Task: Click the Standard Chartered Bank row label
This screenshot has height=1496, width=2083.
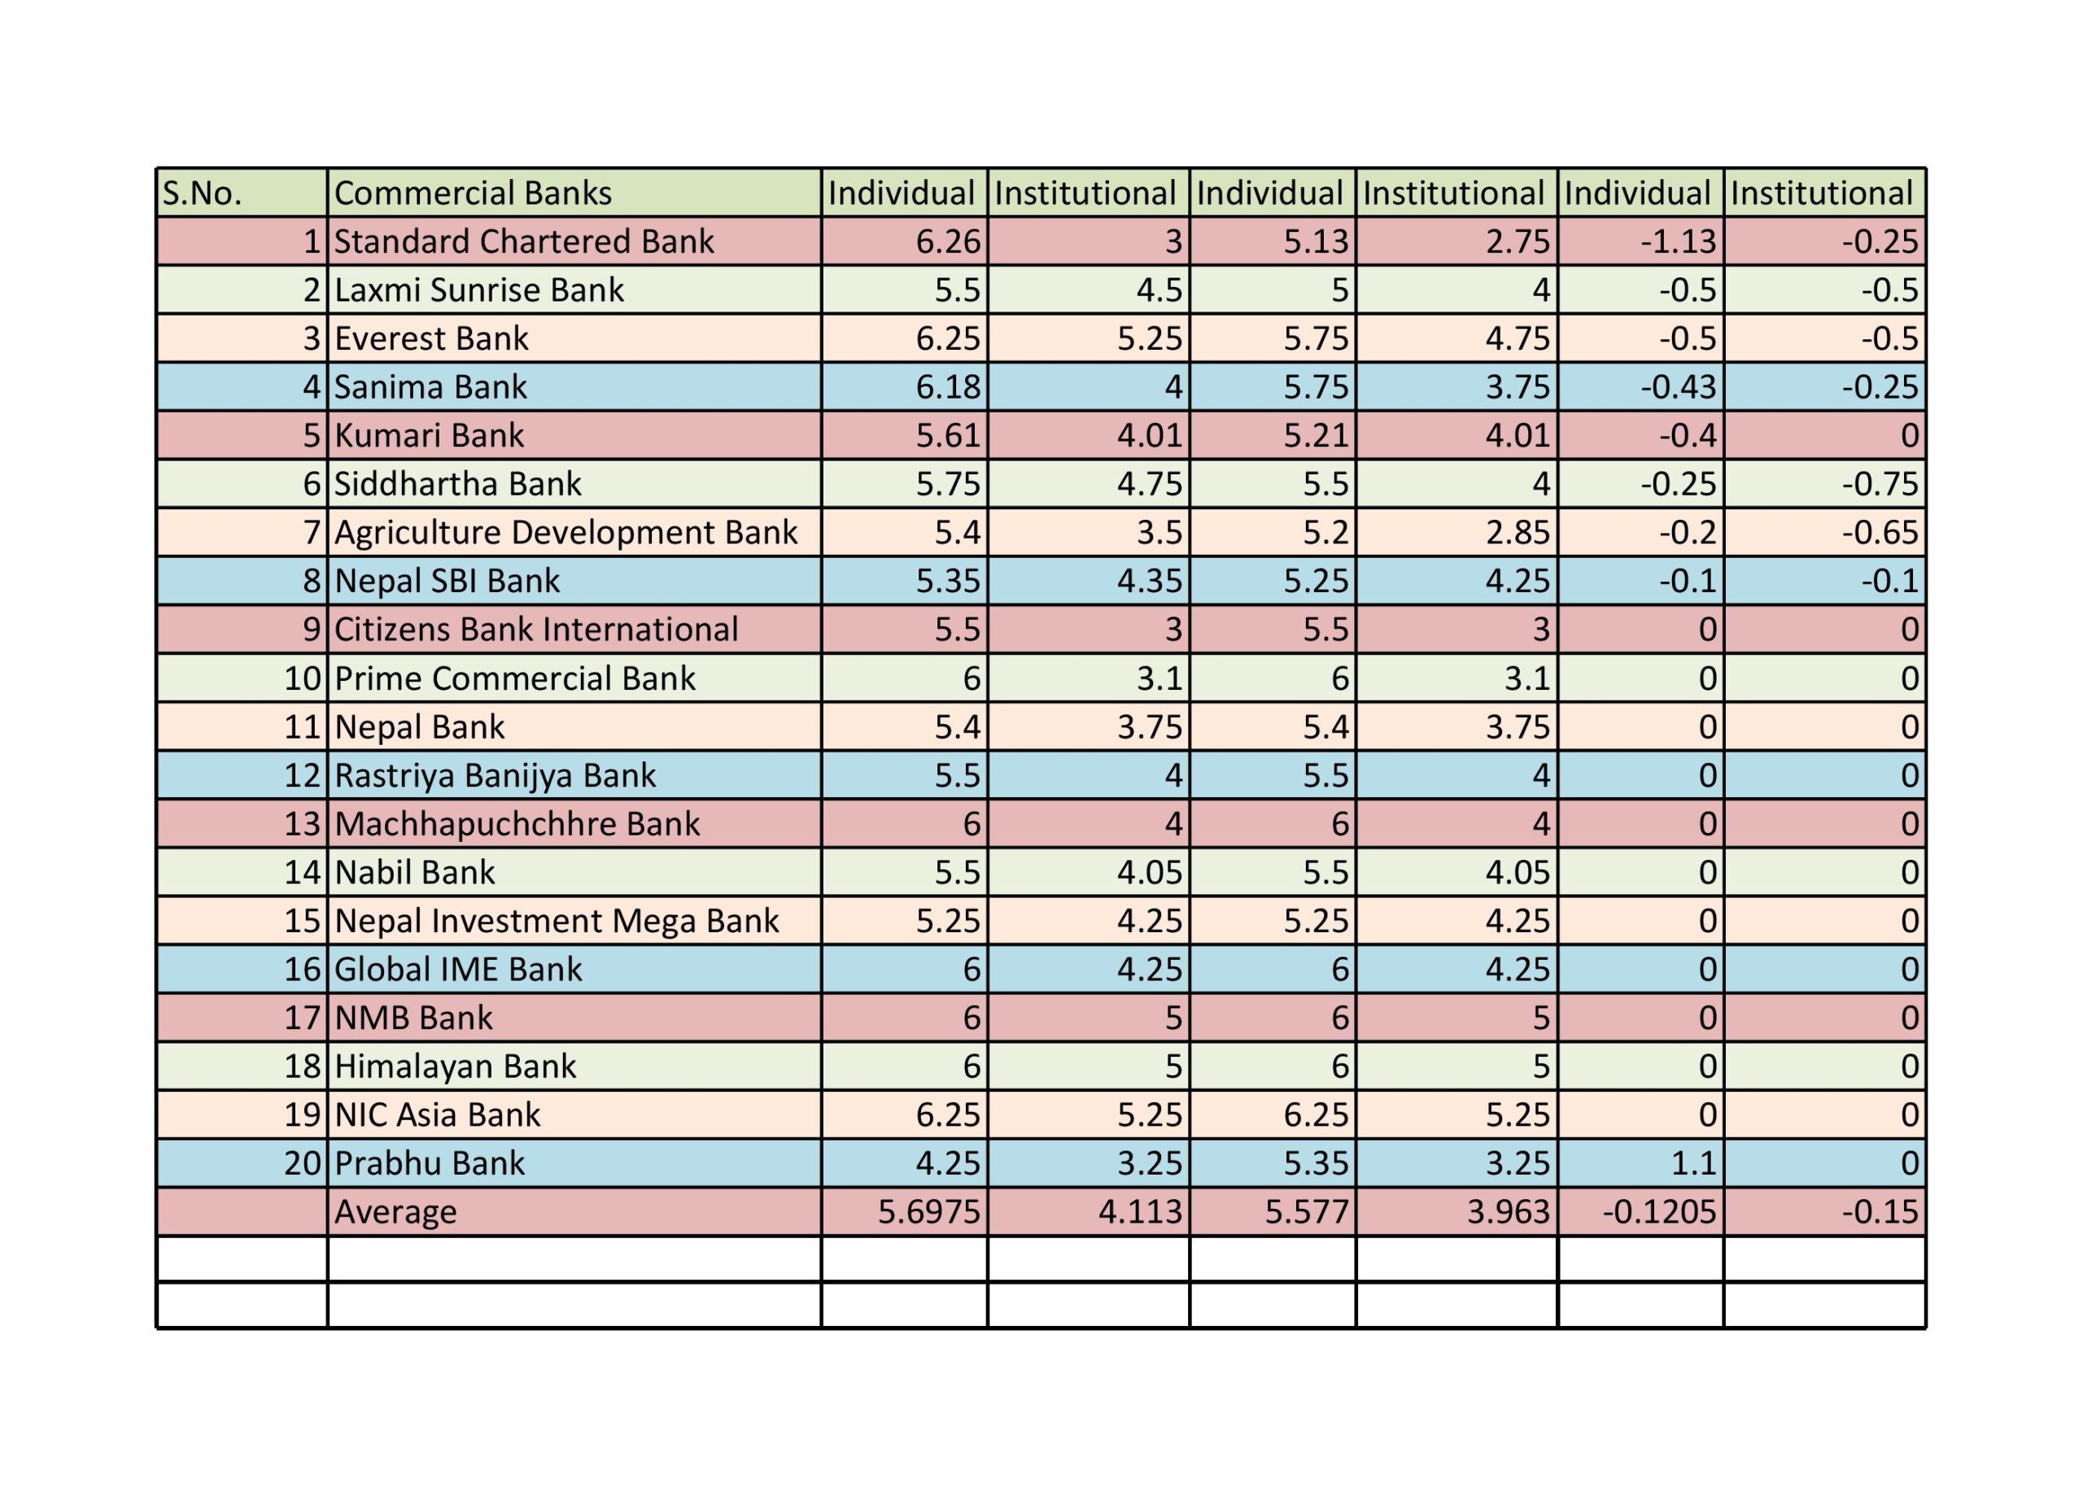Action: click(x=523, y=242)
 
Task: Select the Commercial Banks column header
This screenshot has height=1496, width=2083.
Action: click(x=472, y=193)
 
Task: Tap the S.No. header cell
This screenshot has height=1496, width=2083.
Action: click(x=202, y=193)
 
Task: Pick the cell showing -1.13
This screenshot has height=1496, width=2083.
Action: click(x=1678, y=242)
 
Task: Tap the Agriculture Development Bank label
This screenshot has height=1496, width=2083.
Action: click(x=566, y=533)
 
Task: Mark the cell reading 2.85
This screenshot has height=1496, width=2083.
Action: click(x=1517, y=533)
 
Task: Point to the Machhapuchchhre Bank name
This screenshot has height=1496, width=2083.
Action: click(x=517, y=824)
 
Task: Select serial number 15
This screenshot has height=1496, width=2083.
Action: click(x=301, y=921)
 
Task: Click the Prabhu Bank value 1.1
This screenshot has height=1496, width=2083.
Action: click(x=1692, y=1163)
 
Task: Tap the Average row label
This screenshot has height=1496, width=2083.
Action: click(x=395, y=1212)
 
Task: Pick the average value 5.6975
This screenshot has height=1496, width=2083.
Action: click(x=928, y=1212)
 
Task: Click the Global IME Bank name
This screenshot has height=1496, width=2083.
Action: click(x=457, y=970)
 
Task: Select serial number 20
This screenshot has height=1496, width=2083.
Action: click(x=301, y=1163)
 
